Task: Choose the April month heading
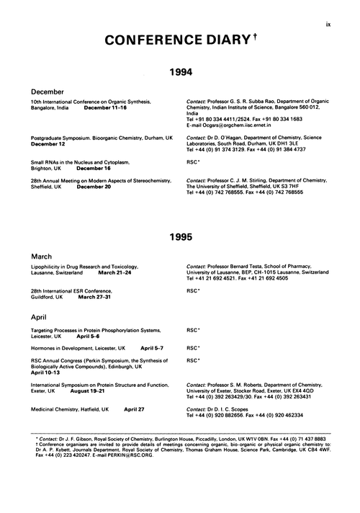[x=41, y=316]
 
